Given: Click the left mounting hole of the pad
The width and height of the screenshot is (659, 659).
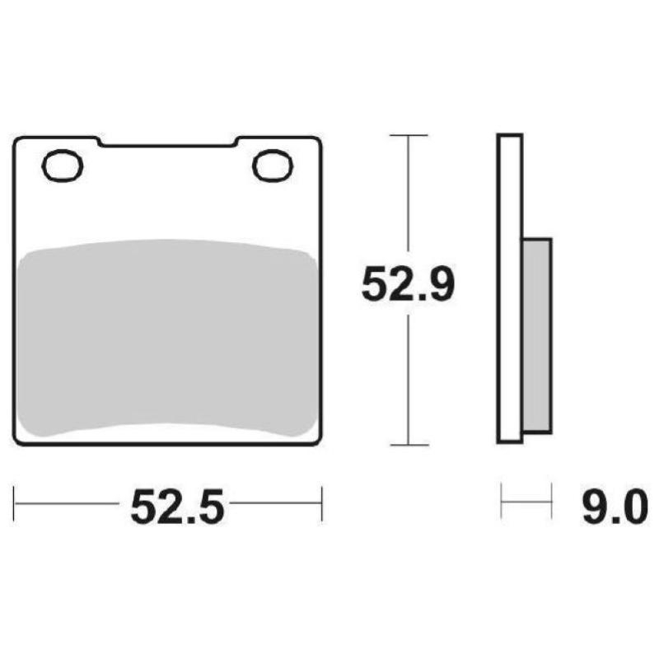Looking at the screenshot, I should (63, 166).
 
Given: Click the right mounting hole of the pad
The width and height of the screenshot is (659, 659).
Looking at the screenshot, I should (273, 166).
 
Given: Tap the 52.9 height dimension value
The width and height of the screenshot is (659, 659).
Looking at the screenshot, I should (408, 287).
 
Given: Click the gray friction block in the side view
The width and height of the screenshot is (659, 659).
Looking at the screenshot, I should (536, 336).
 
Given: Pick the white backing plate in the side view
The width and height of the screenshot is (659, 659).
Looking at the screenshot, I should (510, 288).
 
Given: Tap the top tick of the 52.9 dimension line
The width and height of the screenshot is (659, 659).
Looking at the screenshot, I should (408, 134).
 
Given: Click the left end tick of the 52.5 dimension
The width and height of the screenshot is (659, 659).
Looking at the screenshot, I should (15, 503).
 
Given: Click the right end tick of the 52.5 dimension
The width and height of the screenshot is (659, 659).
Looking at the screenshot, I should (321, 503).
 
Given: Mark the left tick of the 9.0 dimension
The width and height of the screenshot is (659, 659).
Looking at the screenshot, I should (502, 503).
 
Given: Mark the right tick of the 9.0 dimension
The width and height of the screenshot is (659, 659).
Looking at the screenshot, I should (550, 503).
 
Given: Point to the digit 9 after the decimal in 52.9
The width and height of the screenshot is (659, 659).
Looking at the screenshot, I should (438, 287).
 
